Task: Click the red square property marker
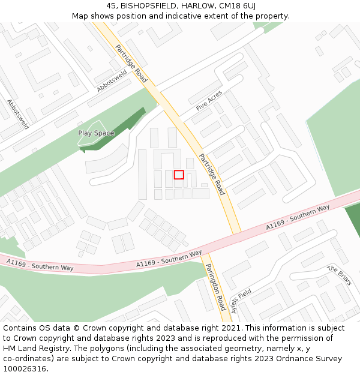(179, 175)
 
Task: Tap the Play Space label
(96, 133)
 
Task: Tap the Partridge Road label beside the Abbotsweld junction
(131, 64)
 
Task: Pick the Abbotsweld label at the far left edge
(18, 114)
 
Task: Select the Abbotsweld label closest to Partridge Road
(112, 80)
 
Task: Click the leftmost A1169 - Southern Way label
(40, 265)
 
